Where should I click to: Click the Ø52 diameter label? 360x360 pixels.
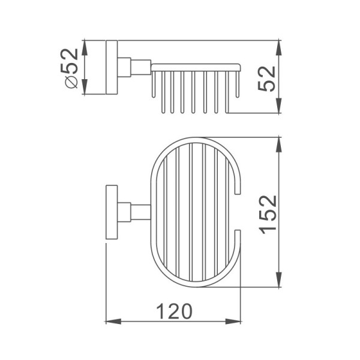point(68,68)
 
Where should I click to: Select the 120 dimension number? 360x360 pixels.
point(174,311)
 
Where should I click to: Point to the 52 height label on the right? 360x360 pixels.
point(266,78)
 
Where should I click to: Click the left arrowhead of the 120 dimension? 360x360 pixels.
point(113,322)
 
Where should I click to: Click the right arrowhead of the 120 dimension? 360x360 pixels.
point(233,322)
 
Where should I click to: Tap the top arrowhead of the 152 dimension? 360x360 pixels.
point(279,145)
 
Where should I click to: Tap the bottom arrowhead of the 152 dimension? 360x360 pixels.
point(279,279)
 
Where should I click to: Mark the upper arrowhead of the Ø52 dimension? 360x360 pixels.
point(85,48)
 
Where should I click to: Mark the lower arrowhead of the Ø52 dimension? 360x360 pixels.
point(85,86)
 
